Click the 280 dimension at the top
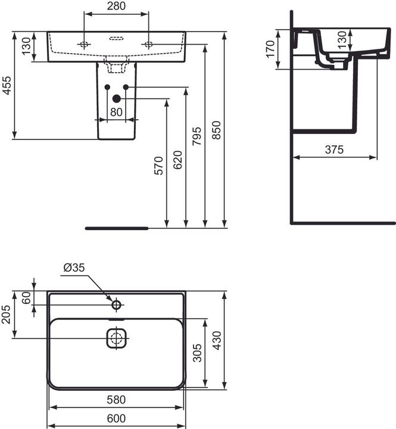point(116,6)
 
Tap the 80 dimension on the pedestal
point(116,111)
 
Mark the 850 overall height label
point(217,129)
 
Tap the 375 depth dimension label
point(335,150)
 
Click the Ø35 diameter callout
point(75,268)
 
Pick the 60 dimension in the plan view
point(26,298)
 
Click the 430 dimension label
point(216,340)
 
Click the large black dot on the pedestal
point(117,98)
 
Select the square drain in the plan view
point(117,338)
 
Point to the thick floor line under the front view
point(117,228)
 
